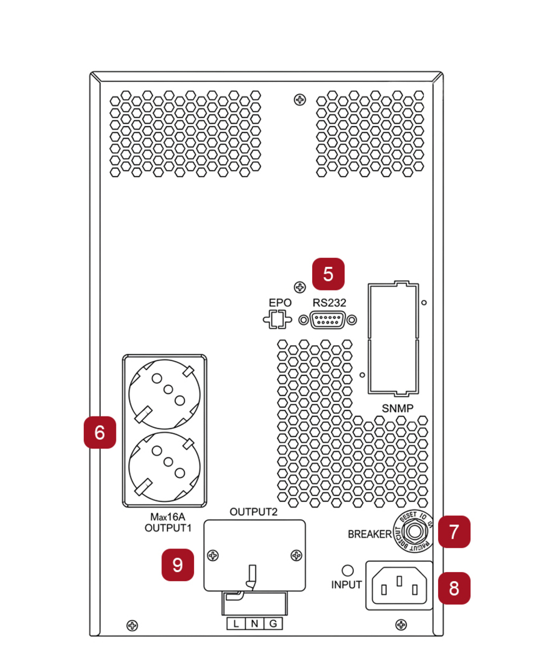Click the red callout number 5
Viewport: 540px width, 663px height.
click(328, 274)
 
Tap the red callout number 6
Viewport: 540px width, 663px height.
click(99, 432)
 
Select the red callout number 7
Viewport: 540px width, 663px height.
click(454, 532)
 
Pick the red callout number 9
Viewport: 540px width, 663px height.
click(178, 565)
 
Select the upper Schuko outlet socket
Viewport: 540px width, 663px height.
click(165, 394)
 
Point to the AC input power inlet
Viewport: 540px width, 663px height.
click(399, 585)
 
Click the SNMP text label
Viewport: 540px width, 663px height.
click(398, 408)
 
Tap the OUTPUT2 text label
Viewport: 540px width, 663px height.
click(254, 512)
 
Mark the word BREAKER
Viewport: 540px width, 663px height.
click(369, 534)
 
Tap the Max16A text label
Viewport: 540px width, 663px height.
click(168, 518)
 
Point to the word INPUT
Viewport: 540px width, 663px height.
click(347, 585)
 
